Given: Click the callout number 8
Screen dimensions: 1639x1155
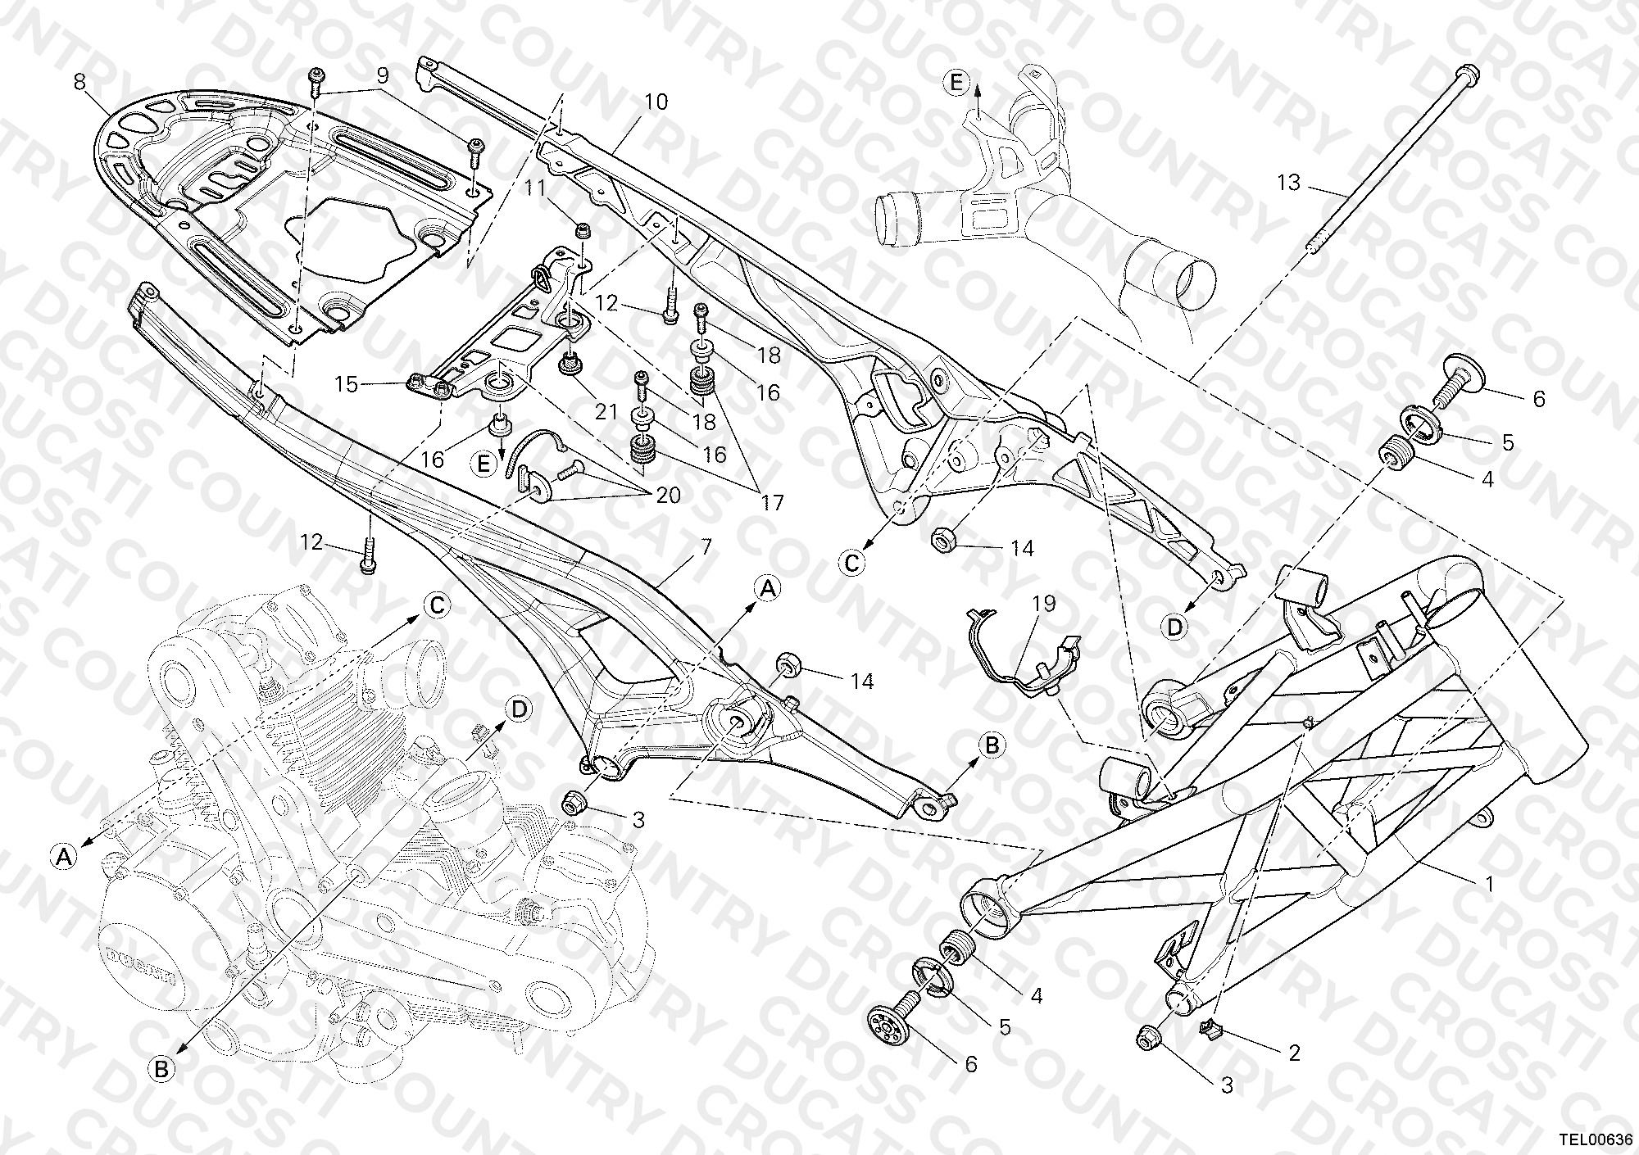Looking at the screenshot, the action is pos(79,82).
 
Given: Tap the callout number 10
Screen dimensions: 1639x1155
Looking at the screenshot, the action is pos(656,102).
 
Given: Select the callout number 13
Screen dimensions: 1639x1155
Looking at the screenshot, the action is pos(1289,182).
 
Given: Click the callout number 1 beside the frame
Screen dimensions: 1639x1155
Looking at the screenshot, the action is pos(1490,885).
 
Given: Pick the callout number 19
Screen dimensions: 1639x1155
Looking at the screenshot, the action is pos(1044,604).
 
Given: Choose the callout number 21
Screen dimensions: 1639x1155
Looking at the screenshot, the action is pos(606,411).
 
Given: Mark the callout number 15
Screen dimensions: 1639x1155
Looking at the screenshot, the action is pos(347,384).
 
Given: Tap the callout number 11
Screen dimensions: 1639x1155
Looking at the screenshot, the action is pos(535,188).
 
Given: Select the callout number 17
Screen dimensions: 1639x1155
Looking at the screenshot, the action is pos(773,501).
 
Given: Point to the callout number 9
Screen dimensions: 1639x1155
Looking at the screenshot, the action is pos(382,76).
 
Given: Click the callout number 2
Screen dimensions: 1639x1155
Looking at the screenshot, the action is pos(1294,1052).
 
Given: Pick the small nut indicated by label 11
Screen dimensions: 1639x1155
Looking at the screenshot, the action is pos(583,229).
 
